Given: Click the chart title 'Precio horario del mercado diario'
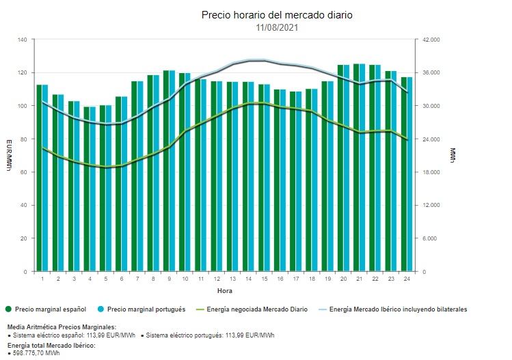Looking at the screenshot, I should [x=277, y=15].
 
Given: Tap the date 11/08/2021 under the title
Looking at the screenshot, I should [x=277, y=27].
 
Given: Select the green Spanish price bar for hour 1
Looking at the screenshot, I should [x=40, y=178].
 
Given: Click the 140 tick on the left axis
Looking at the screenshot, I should [x=22, y=40].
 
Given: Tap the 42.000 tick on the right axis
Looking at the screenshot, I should [x=431, y=40].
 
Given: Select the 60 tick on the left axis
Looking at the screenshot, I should [x=23, y=172].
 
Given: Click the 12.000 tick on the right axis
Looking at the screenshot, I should [x=431, y=206].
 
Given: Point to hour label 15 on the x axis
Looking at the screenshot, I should [x=264, y=279].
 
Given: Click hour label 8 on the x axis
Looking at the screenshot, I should [x=153, y=279].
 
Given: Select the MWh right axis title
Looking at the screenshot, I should [x=453, y=156].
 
